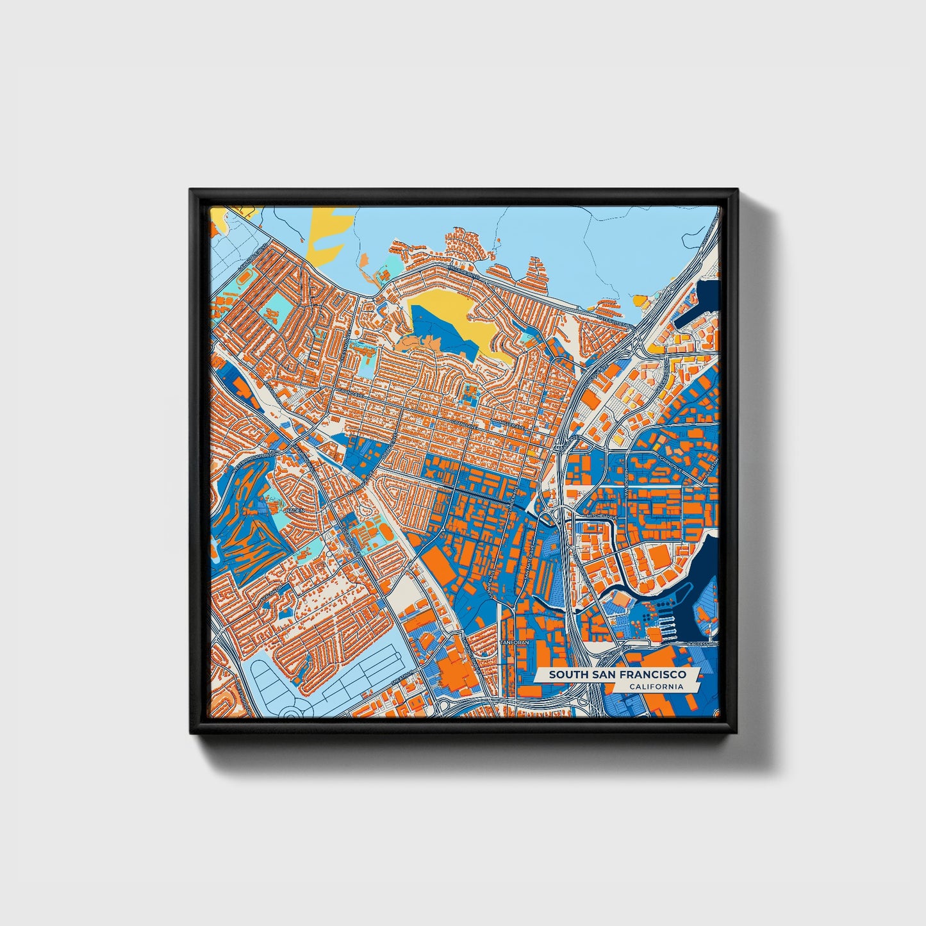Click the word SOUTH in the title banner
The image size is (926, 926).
click(564, 675)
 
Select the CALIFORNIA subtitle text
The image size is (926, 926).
click(656, 687)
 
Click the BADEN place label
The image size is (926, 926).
click(294, 510)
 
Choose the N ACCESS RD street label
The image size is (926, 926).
click(702, 643)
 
